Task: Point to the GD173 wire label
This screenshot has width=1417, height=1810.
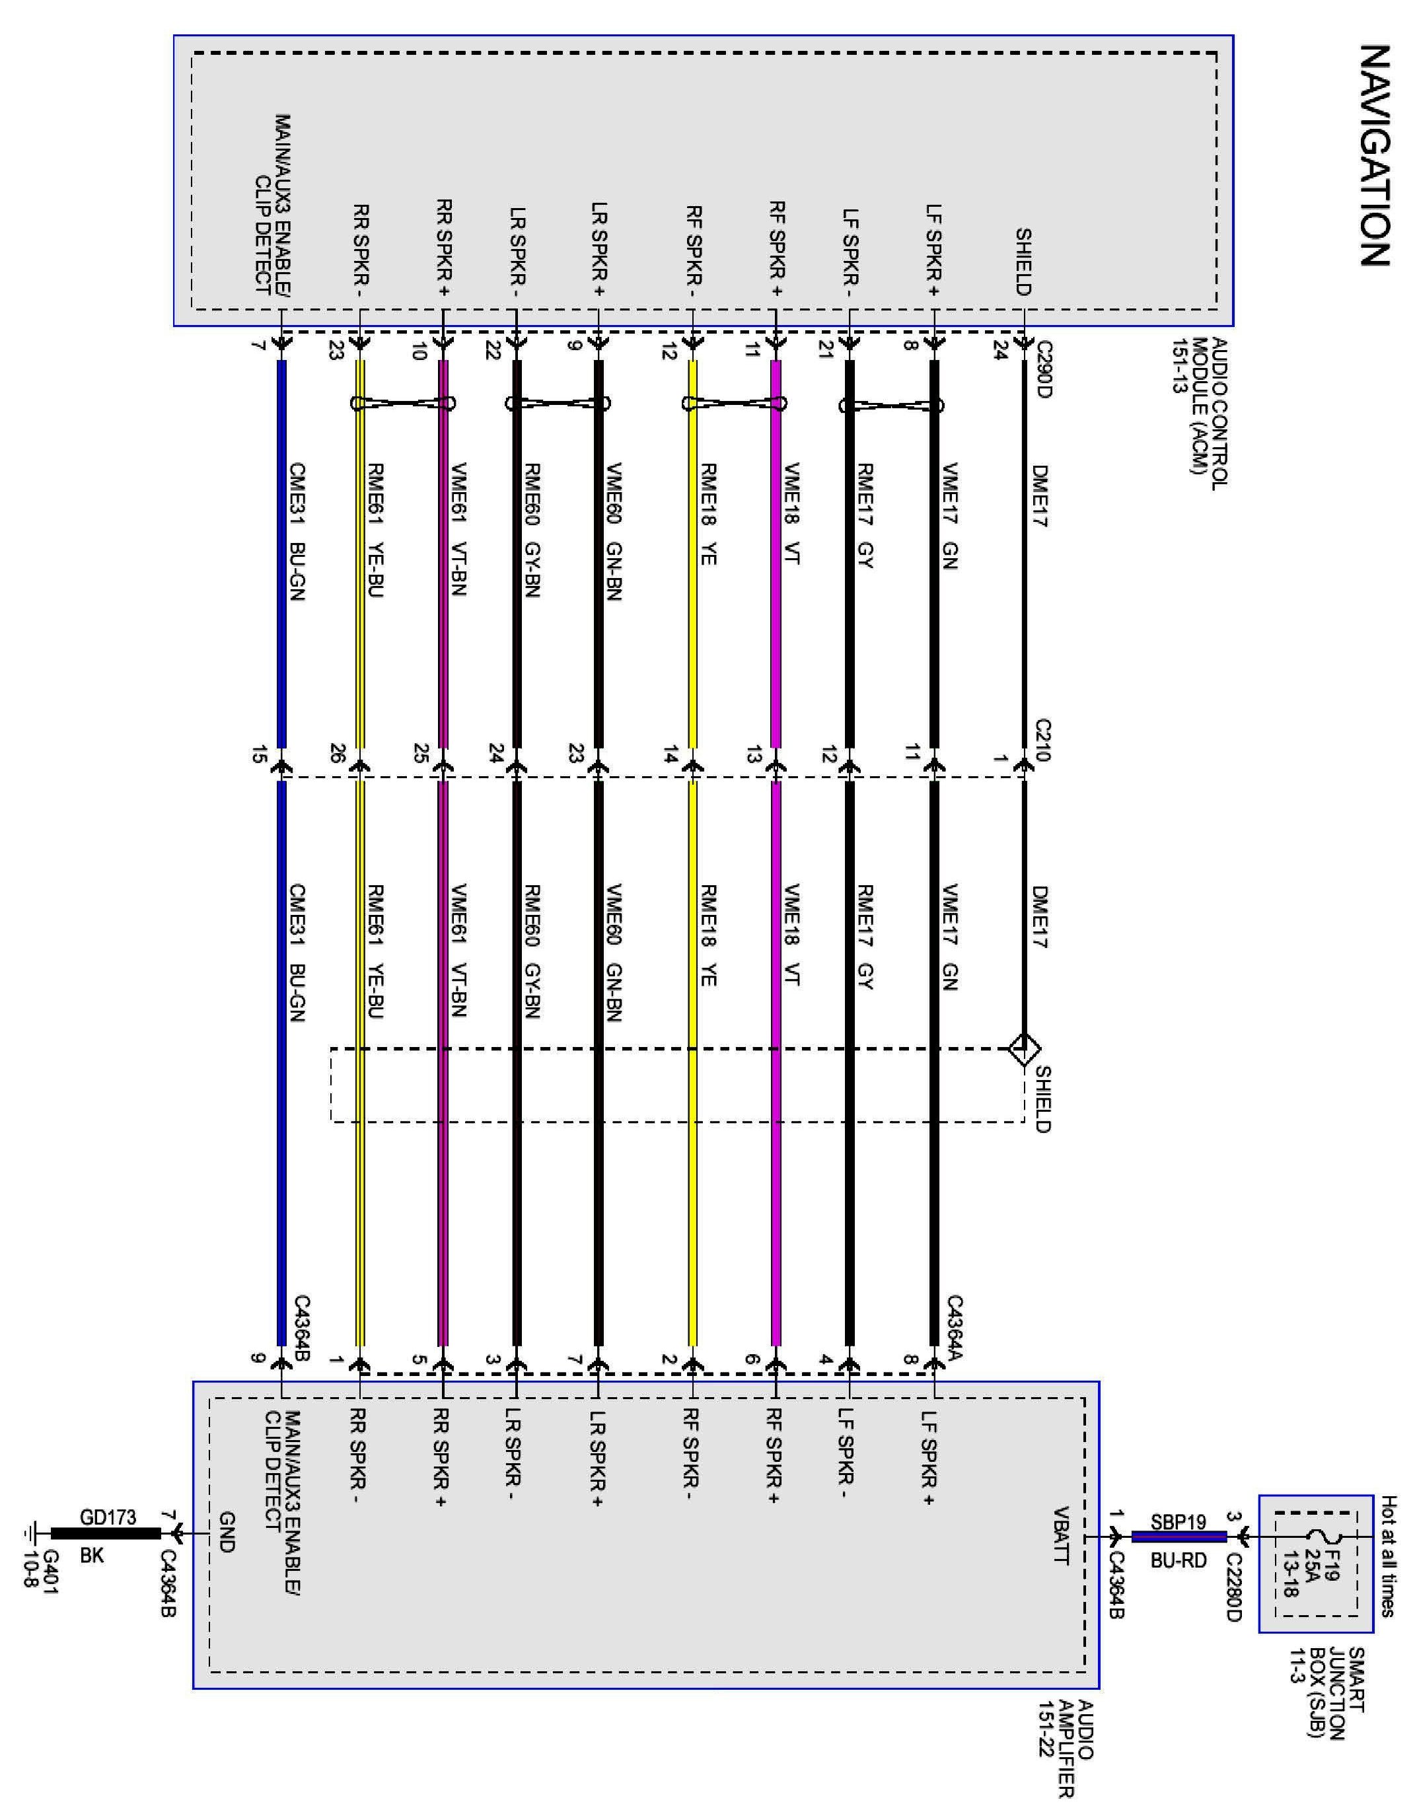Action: pos(108,1518)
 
